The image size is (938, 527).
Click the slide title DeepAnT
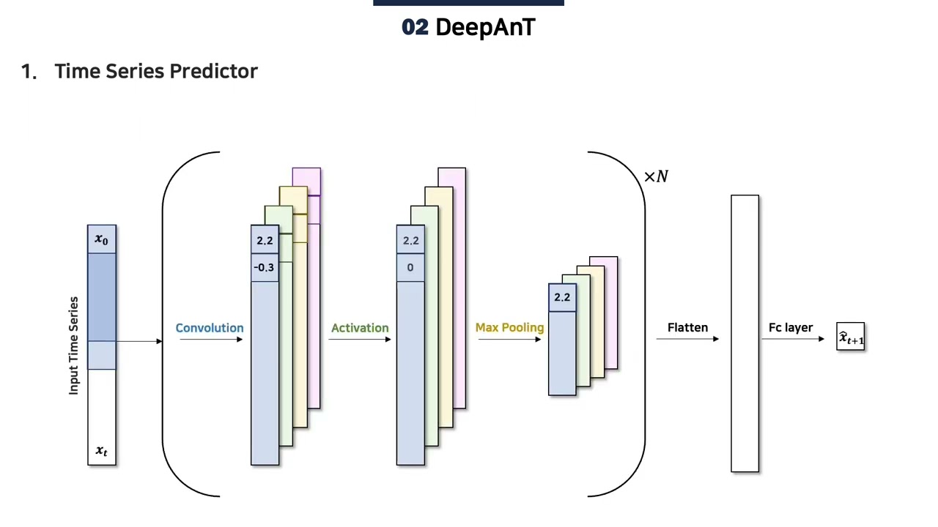(x=485, y=28)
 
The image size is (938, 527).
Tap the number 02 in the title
(x=415, y=28)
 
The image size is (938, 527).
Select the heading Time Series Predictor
(x=156, y=71)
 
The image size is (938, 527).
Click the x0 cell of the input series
(x=102, y=239)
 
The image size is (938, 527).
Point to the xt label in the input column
(x=102, y=451)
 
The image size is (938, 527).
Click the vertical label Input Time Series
(x=73, y=345)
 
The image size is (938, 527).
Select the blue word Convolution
(x=210, y=328)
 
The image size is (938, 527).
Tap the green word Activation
(x=360, y=328)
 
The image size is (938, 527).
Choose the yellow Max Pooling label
(x=509, y=327)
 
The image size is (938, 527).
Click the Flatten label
(x=687, y=327)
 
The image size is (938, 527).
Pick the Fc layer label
(x=791, y=327)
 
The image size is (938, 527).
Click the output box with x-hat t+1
(x=851, y=337)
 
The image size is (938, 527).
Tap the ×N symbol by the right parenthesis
(x=656, y=176)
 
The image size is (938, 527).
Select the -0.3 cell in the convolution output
(x=265, y=267)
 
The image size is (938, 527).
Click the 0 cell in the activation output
(x=410, y=267)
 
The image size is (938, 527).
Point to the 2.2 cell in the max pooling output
(x=562, y=297)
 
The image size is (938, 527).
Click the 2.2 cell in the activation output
(x=410, y=240)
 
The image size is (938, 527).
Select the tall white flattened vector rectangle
(x=745, y=334)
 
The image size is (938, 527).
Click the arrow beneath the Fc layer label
(x=794, y=339)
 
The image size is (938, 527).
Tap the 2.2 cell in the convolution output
(x=265, y=240)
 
